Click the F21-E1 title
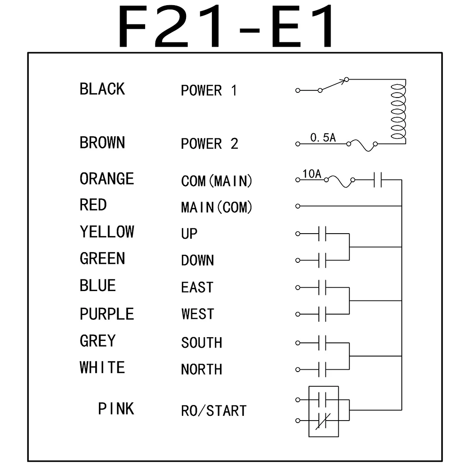pos(227,27)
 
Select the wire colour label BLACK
pos(102,89)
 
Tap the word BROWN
pos(102,143)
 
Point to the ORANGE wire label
pos(106,179)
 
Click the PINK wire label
pos(116,409)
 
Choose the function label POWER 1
pos(209,90)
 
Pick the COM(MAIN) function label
pos(217,181)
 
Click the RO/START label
pos(213,411)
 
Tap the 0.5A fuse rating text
pos(323,138)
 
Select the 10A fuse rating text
pos(312,174)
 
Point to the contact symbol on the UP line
pos(323,234)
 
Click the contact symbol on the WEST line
pos(323,314)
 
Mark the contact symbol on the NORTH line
pos(323,369)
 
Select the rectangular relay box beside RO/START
pos(324,411)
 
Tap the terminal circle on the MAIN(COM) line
pos(297,206)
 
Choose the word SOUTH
pos(202,342)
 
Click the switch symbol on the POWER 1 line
pos(333,85)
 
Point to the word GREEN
pos(102,259)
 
